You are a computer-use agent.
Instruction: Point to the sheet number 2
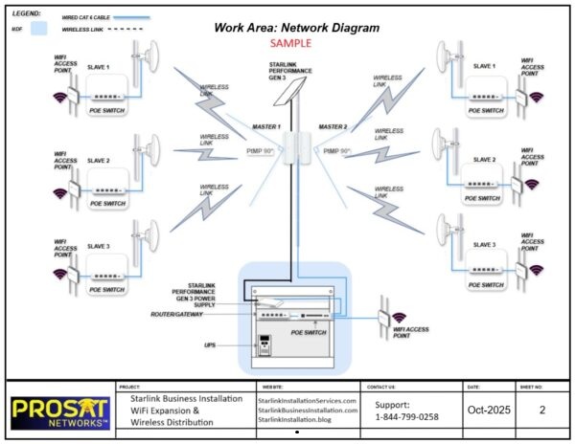[x=541, y=410]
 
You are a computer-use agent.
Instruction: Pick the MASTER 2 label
[x=333, y=127]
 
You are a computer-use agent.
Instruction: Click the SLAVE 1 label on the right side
[x=487, y=66]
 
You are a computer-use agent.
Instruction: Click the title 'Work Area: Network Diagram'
[x=296, y=28]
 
